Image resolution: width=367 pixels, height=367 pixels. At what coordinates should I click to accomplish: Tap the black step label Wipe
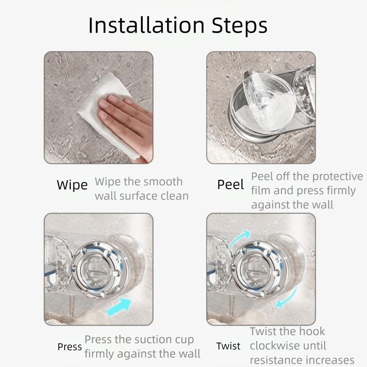(72, 185)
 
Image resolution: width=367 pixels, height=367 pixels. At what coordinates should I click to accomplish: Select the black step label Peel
(230, 185)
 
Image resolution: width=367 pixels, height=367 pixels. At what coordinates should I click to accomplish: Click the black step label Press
(69, 347)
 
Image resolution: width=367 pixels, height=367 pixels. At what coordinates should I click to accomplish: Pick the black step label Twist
(228, 346)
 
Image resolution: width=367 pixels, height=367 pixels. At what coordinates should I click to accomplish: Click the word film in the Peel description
(261, 190)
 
